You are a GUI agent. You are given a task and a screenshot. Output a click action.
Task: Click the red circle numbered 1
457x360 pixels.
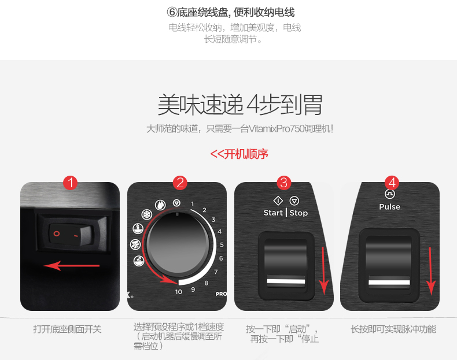pos(70,183)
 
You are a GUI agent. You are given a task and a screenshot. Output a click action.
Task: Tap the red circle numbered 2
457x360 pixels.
pos(180,183)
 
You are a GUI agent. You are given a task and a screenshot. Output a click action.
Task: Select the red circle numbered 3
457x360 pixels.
pos(283,183)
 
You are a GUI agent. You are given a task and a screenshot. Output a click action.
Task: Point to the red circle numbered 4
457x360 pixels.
pos(392,183)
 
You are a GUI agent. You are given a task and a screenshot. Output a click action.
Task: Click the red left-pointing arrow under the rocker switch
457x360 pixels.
pos(71,265)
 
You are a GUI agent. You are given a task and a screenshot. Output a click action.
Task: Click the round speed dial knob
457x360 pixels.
pos(178,244)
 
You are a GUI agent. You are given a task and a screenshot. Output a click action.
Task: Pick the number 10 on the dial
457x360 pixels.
pos(179,292)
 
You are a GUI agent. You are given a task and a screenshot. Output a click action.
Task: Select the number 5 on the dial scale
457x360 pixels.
pos(222,245)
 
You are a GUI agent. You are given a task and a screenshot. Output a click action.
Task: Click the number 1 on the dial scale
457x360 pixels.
pos(193,204)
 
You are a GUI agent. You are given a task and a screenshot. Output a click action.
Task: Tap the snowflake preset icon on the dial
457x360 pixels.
pos(147,215)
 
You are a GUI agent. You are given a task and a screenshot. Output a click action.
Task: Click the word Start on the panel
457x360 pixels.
pos(273,213)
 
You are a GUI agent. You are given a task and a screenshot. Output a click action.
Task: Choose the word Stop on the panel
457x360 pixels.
pos(298,213)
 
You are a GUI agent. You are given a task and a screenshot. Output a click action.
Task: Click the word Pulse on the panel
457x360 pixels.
pos(390,207)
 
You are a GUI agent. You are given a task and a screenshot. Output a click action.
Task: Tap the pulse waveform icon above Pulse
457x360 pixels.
pos(390,194)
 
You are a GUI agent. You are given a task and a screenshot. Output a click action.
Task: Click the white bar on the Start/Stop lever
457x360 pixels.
pos(286,281)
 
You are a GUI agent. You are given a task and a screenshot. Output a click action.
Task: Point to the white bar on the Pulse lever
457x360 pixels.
pos(389,283)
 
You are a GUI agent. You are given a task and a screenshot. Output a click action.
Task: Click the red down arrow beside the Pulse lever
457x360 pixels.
pos(431,271)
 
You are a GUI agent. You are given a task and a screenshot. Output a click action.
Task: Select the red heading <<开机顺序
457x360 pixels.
pos(239,154)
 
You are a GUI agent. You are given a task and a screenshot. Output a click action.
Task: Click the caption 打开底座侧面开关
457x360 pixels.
pos(67,329)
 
